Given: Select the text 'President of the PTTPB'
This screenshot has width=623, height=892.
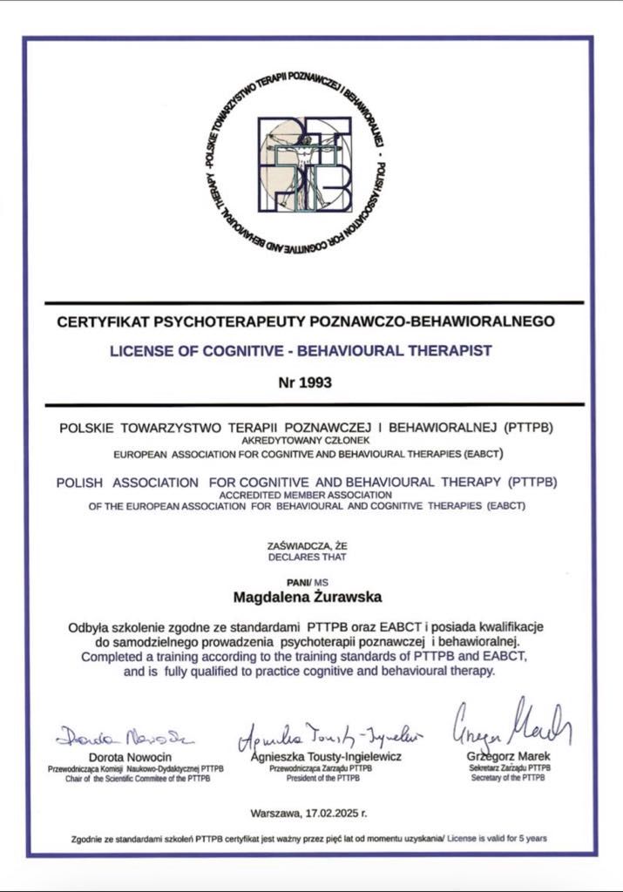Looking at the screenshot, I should point(321,778).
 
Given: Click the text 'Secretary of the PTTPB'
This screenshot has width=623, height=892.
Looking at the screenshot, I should point(506,777).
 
